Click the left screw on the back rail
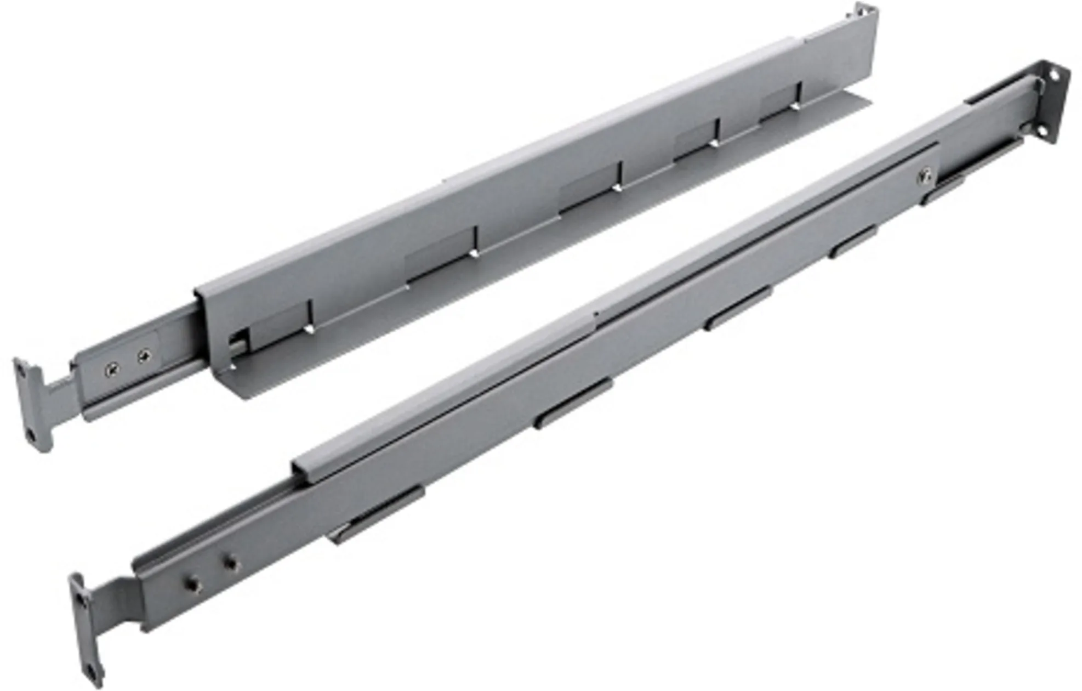113,369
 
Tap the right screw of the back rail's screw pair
143,357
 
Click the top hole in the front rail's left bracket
82,600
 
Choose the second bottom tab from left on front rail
572,403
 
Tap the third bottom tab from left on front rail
737,308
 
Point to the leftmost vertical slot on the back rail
311,316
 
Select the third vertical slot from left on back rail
620,176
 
